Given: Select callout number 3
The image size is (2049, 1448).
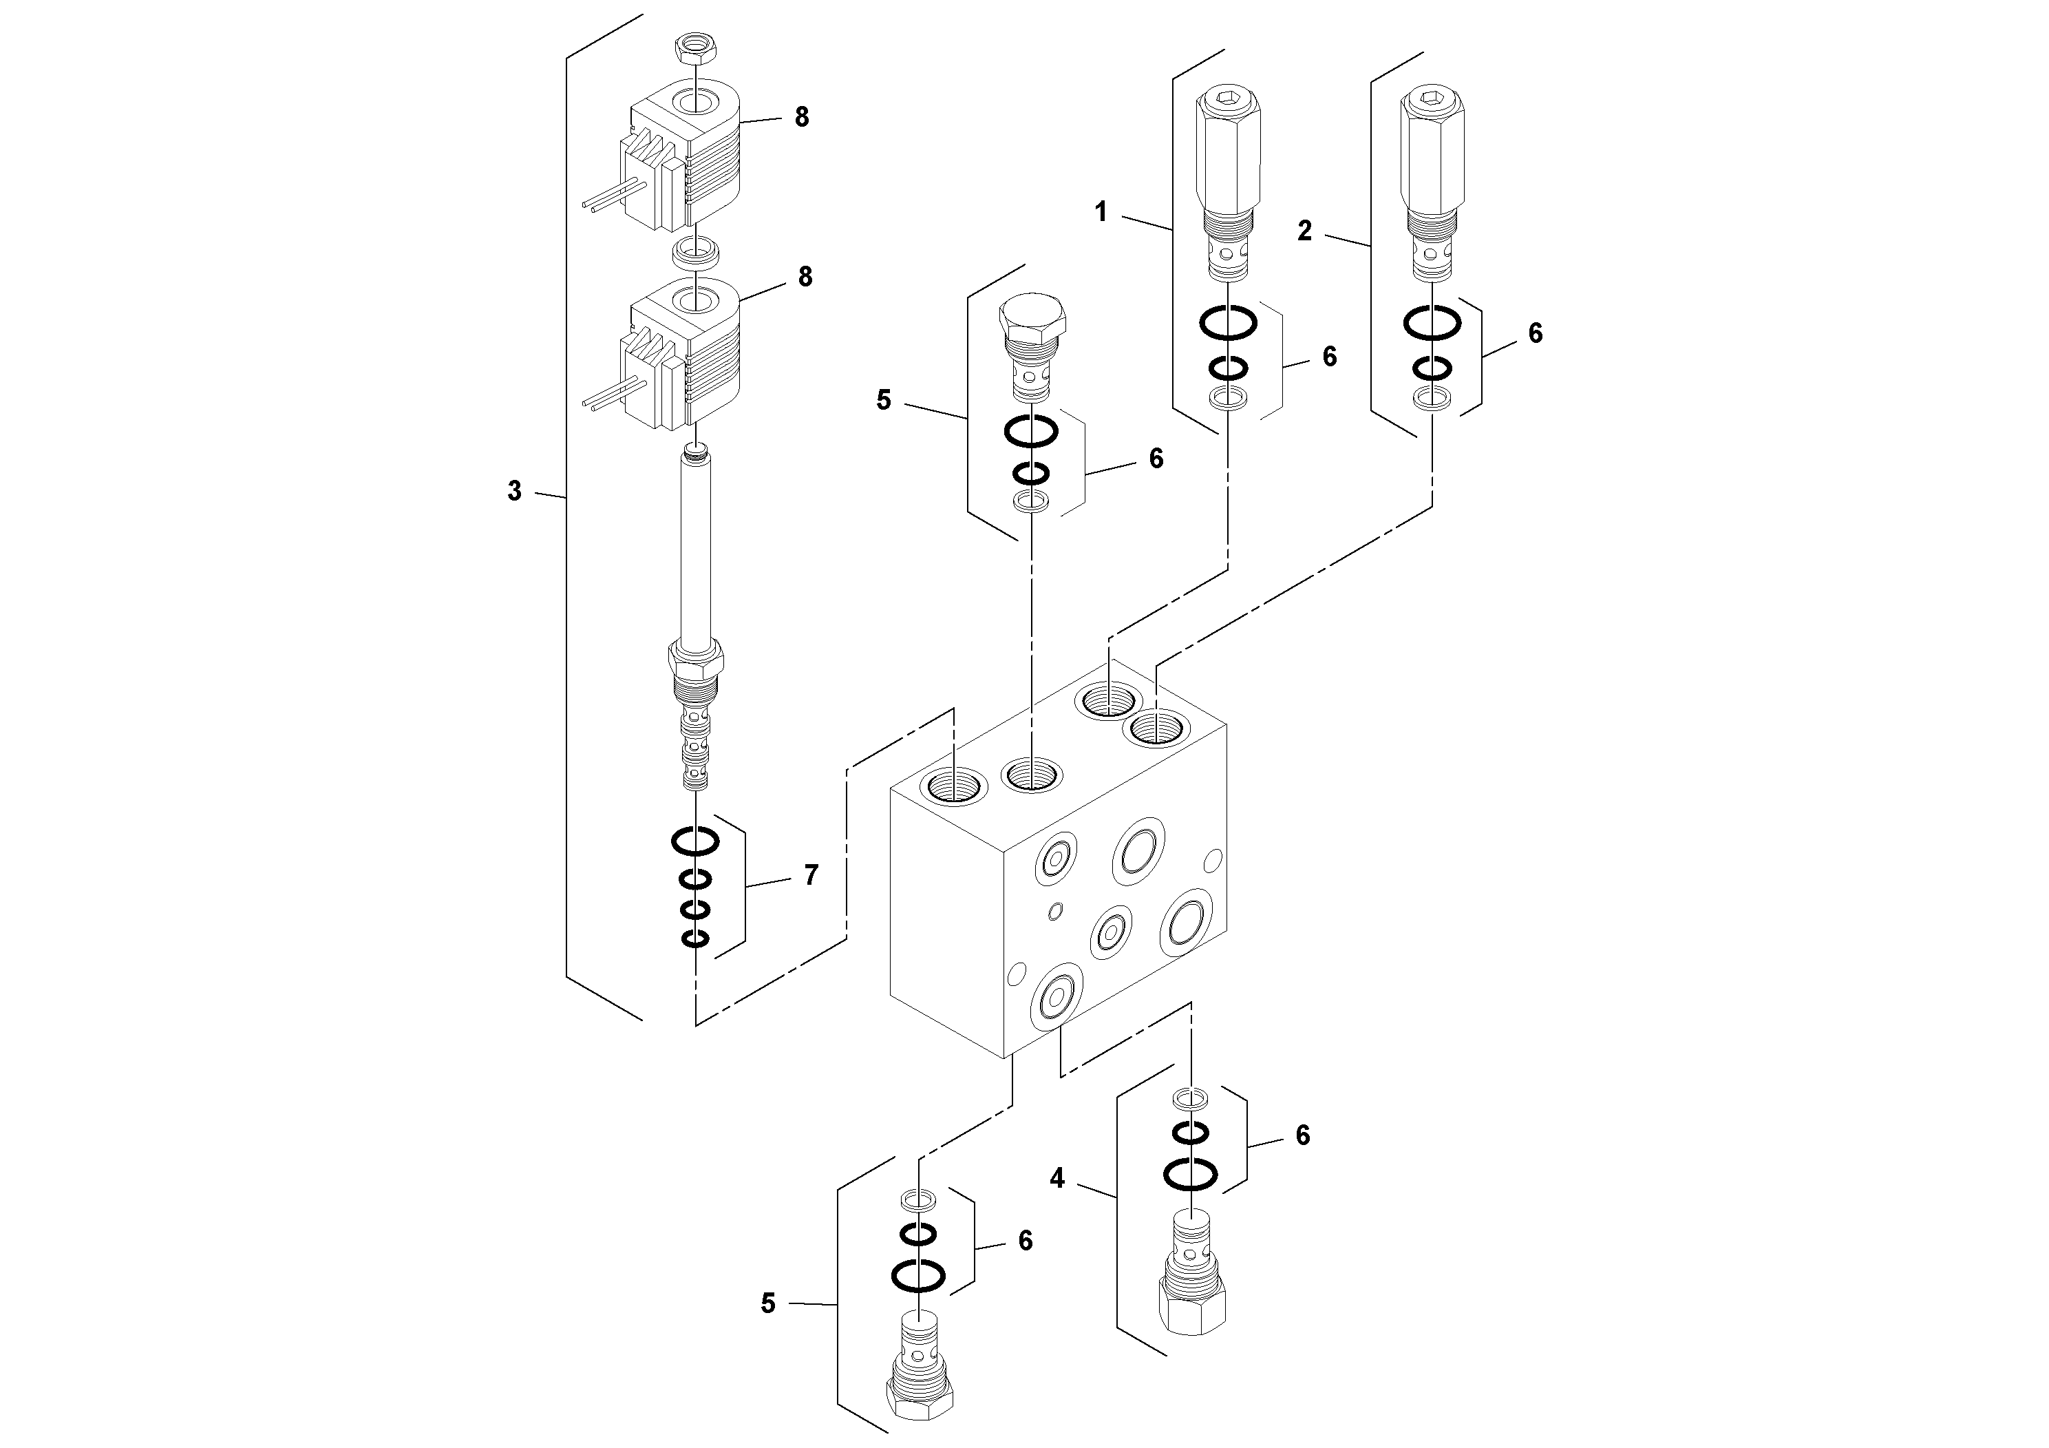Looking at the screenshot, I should click(514, 491).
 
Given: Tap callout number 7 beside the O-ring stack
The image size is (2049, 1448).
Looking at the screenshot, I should click(810, 876).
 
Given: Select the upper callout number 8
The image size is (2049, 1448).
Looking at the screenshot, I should click(801, 117).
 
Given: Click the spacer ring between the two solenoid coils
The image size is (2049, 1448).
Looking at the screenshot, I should click(695, 252).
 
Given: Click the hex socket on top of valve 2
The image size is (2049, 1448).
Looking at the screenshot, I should click(1432, 99).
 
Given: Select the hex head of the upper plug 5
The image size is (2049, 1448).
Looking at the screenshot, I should click(1032, 313).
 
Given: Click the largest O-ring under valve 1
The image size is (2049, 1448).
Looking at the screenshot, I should click(1228, 322).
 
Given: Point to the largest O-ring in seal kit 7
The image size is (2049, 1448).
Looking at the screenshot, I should click(695, 841).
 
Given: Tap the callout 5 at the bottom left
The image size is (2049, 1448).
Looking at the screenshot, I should click(767, 1304).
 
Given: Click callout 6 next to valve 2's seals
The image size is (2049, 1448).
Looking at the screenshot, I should click(1534, 333).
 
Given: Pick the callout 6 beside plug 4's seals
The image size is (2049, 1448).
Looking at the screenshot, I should click(1302, 1135).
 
